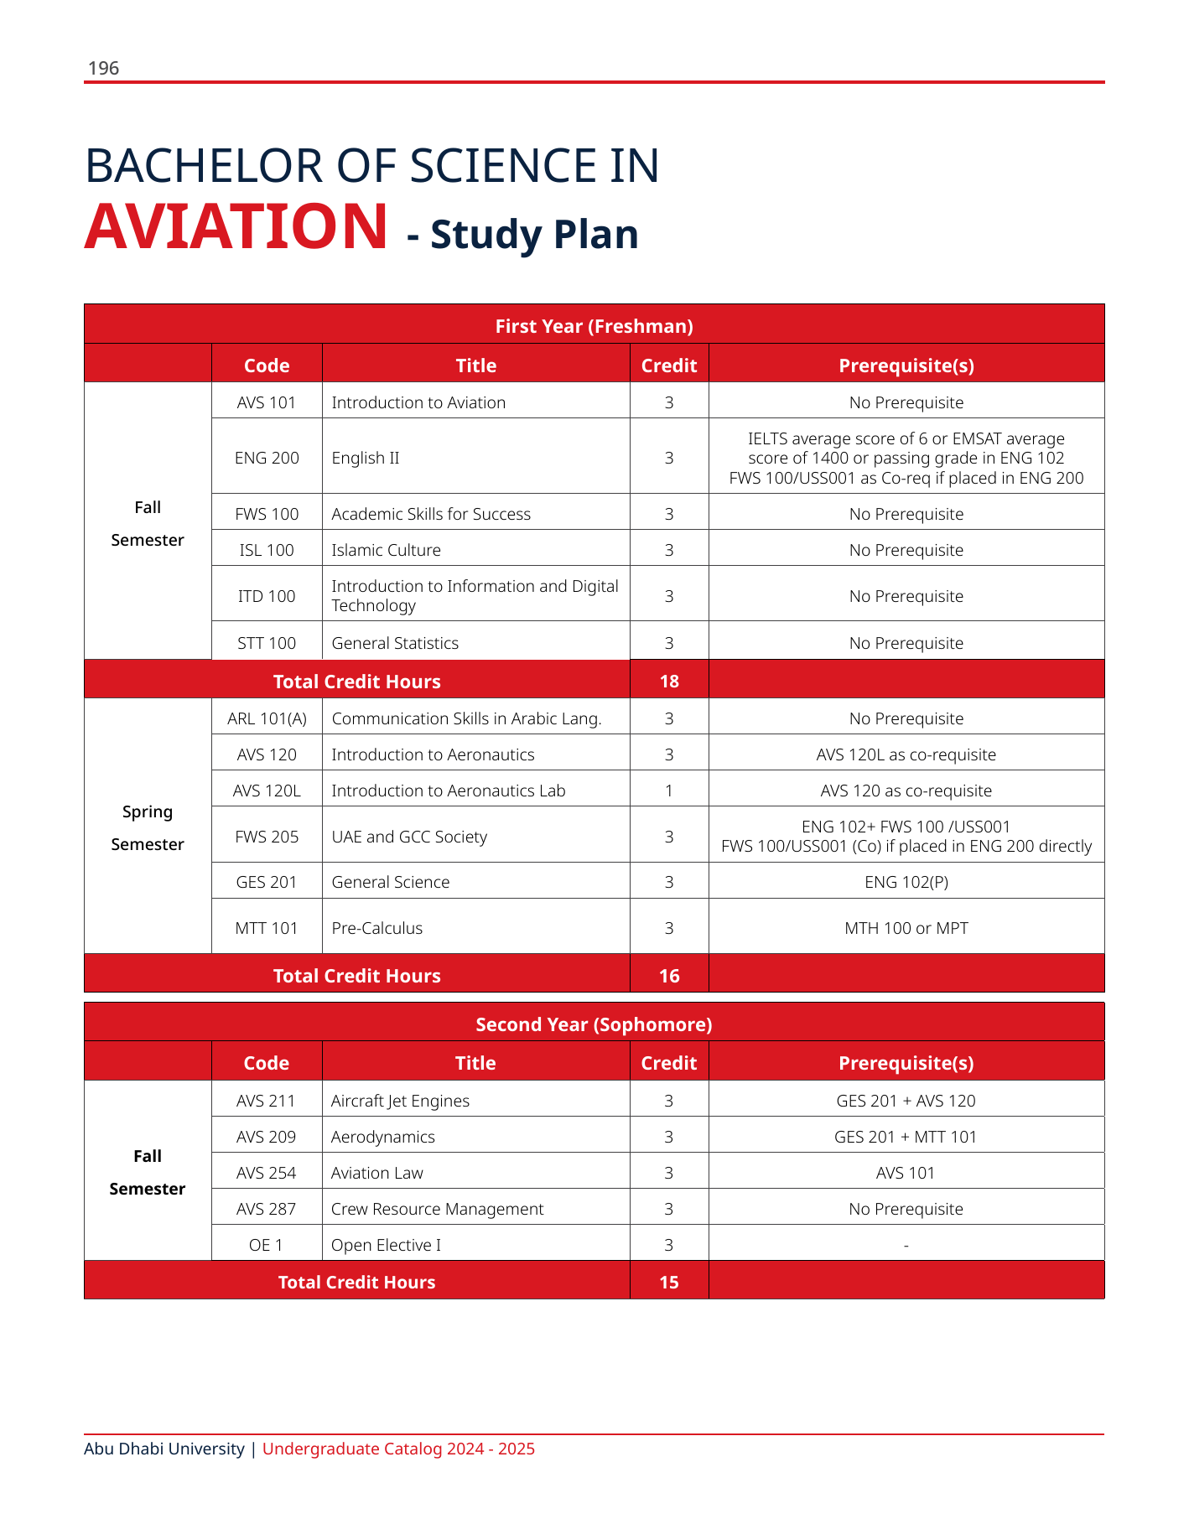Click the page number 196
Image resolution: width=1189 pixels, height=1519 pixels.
(103, 68)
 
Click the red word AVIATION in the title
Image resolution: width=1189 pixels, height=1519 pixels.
(236, 226)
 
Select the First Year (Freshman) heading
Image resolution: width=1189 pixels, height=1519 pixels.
(594, 326)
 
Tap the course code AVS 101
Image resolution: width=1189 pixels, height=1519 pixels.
(267, 402)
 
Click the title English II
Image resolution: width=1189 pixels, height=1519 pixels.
(366, 458)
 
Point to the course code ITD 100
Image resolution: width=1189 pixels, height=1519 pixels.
(267, 596)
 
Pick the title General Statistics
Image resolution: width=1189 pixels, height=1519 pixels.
(395, 643)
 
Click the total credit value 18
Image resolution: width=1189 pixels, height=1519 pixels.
(669, 681)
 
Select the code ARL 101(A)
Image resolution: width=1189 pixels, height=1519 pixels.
(267, 718)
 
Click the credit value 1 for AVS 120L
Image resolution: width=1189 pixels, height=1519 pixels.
(669, 791)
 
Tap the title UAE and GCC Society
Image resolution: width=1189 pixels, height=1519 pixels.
(409, 837)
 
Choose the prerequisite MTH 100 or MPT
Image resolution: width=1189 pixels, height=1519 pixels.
(906, 928)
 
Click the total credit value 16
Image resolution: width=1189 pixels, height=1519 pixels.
(669, 976)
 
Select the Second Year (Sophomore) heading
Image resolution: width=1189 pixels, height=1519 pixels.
(594, 1024)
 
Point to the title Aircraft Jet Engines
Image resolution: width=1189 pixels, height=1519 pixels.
(400, 1101)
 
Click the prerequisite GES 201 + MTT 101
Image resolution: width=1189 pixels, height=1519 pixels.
(906, 1137)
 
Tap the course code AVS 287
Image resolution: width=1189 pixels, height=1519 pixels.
(267, 1209)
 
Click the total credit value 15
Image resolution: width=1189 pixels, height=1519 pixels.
(669, 1282)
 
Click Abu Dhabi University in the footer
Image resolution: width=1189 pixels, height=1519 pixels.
(164, 1449)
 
